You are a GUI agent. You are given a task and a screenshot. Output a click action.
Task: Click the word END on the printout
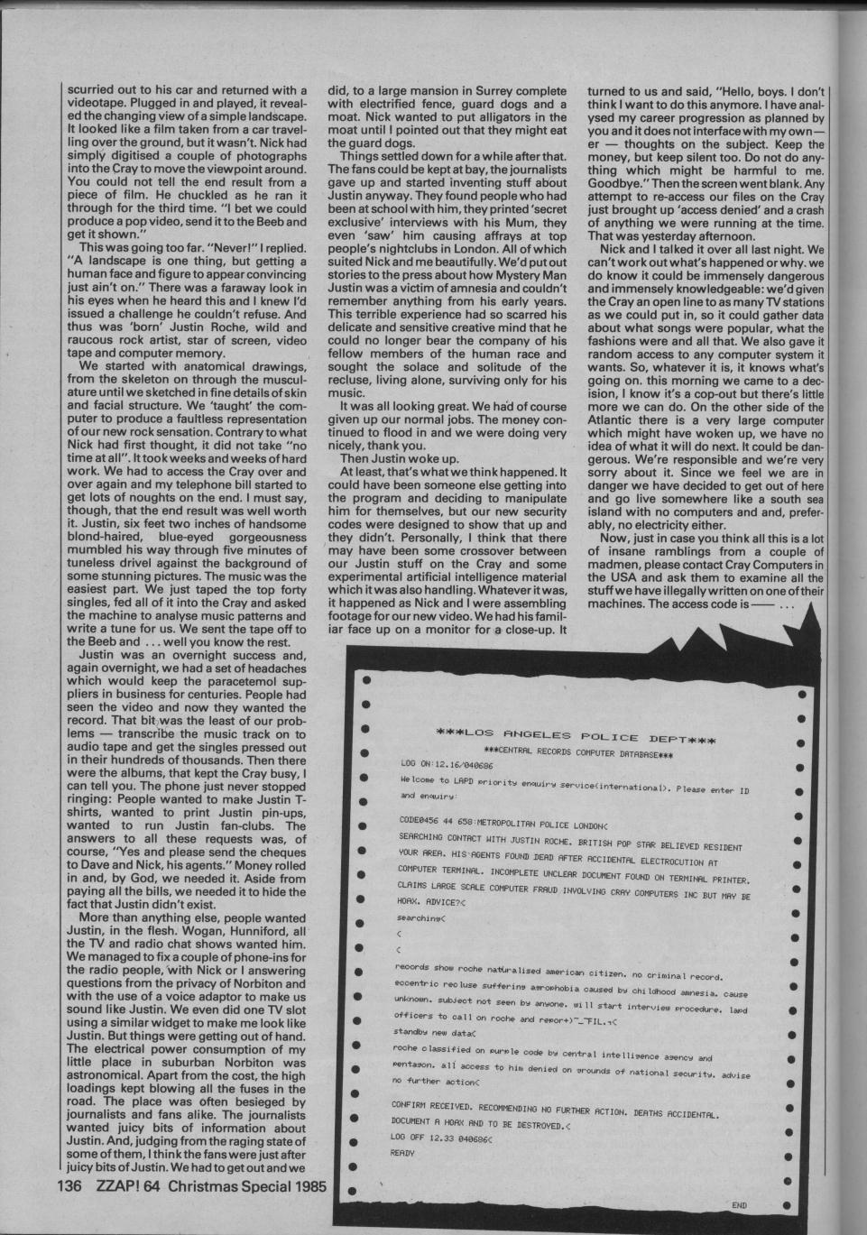(741, 1203)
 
